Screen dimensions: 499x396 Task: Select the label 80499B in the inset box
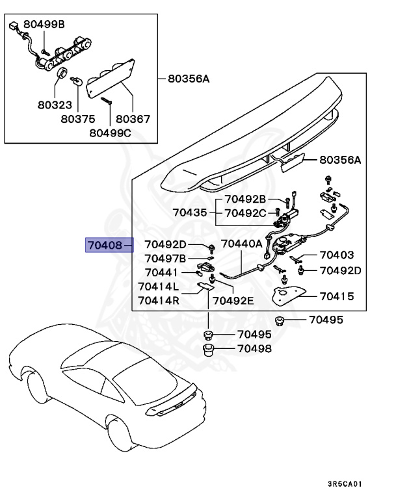[x=44, y=25]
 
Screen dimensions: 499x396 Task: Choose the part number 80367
[x=133, y=119]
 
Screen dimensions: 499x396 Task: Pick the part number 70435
[x=190, y=212]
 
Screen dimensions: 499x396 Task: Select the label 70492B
[x=245, y=199]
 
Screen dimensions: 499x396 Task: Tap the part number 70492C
[x=245, y=212]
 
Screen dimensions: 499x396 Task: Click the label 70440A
[x=241, y=244]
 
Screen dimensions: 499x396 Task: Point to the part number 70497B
[x=165, y=259]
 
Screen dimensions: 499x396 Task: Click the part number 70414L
[x=158, y=287]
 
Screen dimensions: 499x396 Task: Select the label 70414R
[x=158, y=300]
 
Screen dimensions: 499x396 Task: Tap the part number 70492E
[x=234, y=300]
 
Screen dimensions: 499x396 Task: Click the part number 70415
[x=336, y=296]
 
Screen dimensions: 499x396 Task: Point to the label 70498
[x=254, y=349]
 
